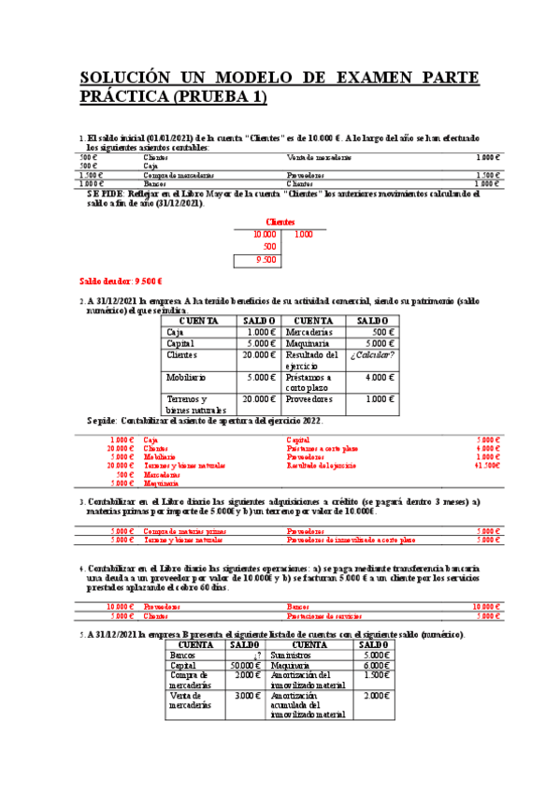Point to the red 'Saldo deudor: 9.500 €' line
coord(122,281)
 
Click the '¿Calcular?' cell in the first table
coord(372,355)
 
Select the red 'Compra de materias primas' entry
coord(184,530)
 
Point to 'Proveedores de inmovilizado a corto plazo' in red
coord(351,540)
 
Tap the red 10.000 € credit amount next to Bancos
coord(487,606)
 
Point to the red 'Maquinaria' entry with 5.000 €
coord(162,483)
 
